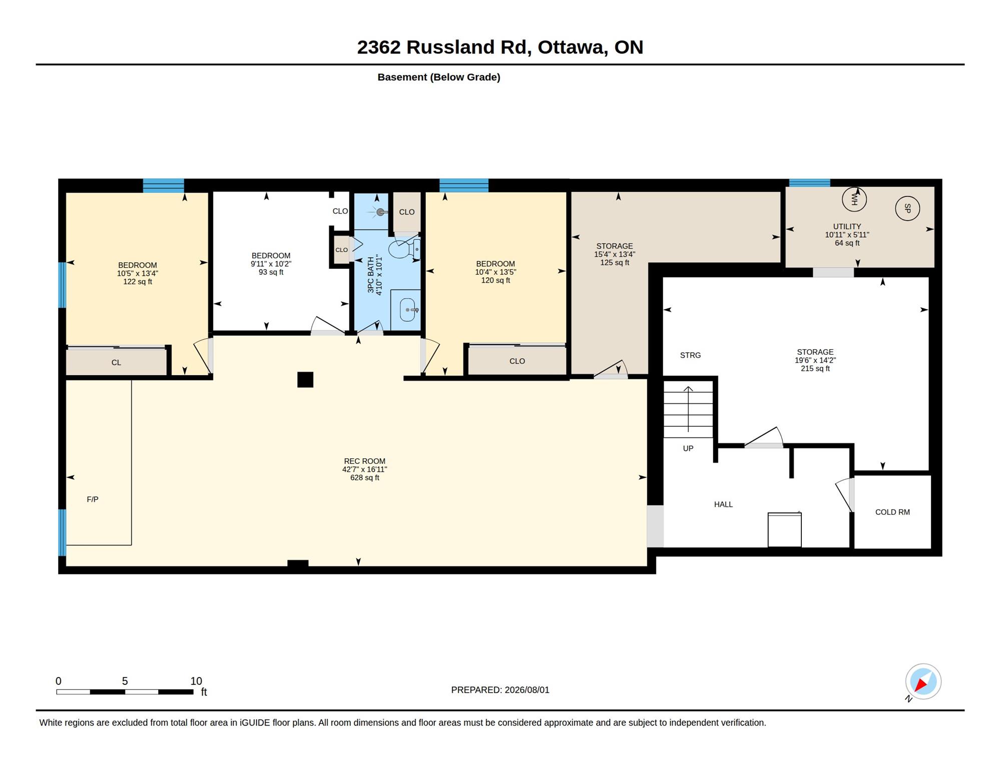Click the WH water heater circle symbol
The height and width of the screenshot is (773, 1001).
point(854,199)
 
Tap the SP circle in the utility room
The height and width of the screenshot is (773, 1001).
point(907,208)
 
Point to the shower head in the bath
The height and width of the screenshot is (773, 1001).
point(381,212)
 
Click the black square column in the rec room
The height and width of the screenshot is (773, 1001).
point(305,380)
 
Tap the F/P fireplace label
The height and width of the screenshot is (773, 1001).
point(93,499)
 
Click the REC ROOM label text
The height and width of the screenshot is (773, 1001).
point(364,461)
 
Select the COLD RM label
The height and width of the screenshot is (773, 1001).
point(892,512)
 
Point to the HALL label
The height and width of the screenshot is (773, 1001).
point(723,504)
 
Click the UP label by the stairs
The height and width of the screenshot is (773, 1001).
point(688,448)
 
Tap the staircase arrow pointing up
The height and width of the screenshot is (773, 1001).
point(688,409)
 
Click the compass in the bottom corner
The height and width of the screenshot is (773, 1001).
point(923,681)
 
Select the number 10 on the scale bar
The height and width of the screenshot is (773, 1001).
point(196,681)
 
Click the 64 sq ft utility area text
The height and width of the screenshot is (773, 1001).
point(847,243)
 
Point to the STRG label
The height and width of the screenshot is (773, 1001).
point(690,355)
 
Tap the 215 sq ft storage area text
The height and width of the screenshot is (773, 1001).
point(815,369)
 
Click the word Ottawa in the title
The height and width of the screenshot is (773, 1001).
point(573,47)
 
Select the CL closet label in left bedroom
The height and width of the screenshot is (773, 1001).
point(116,363)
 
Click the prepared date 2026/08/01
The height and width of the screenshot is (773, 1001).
point(527,690)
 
